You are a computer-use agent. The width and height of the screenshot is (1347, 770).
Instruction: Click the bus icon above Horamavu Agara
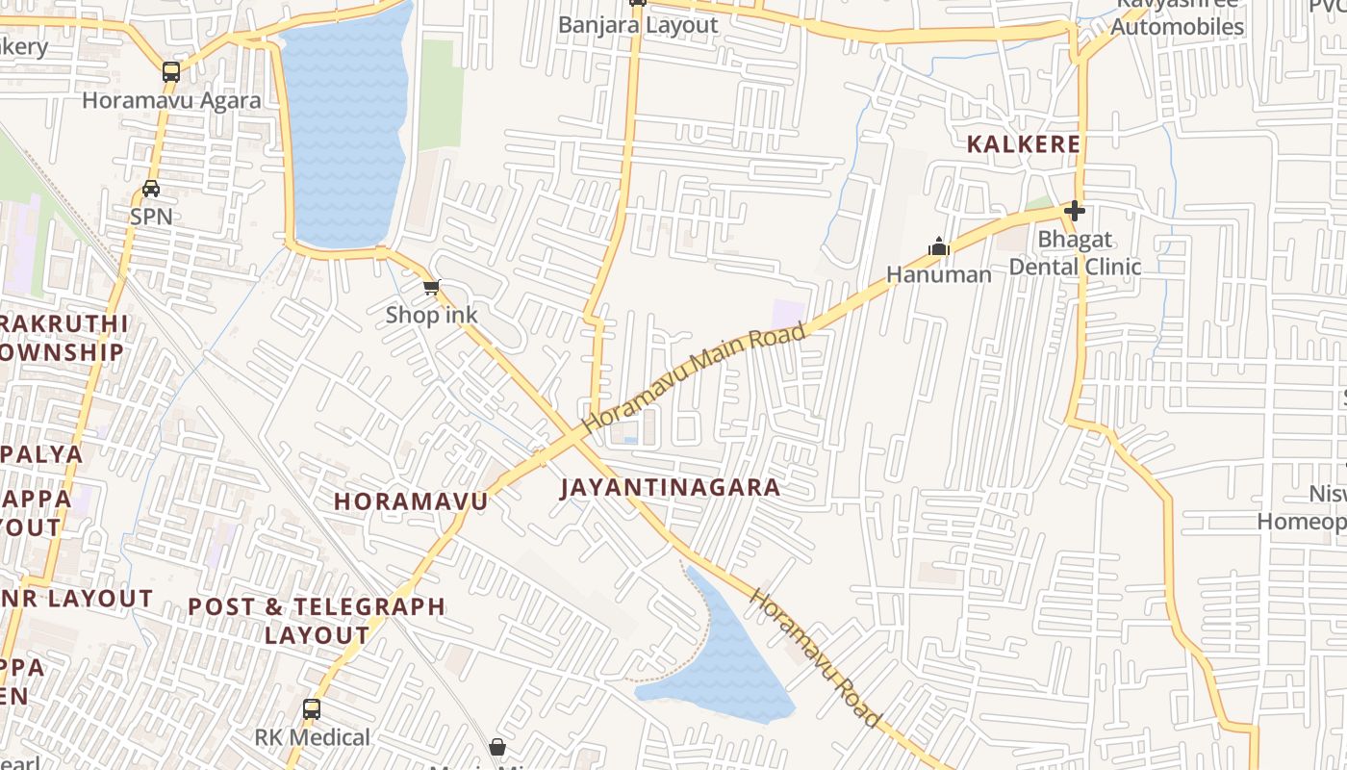pos(171,71)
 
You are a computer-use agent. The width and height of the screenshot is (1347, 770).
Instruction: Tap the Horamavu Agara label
pos(171,100)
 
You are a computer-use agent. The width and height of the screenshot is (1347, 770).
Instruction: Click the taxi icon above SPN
pos(151,189)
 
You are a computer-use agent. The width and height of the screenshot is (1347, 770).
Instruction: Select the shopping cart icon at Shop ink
pos(432,287)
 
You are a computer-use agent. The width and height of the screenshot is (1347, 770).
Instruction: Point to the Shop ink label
pos(431,315)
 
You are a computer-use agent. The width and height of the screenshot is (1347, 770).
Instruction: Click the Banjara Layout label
pos(638,25)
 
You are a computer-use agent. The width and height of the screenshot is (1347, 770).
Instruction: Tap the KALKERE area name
pos(1024,144)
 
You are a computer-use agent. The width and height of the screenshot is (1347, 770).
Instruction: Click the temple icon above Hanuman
pos(939,247)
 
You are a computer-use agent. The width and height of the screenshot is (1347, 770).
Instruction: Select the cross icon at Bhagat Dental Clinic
pos(1075,211)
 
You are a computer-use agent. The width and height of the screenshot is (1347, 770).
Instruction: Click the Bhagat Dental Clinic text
pos(1075,253)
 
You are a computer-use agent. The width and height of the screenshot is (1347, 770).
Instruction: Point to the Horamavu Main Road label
pos(694,376)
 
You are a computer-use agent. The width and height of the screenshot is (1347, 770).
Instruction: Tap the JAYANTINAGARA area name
pos(671,487)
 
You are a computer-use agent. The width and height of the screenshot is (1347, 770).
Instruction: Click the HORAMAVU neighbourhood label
pos(411,501)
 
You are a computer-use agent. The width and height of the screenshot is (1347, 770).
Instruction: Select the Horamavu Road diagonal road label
pos(814,657)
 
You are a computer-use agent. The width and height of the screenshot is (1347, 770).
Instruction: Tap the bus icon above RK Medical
pos(311,709)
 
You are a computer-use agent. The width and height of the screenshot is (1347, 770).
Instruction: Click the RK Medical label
pos(312,737)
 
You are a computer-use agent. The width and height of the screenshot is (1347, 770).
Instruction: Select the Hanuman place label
pos(938,275)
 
